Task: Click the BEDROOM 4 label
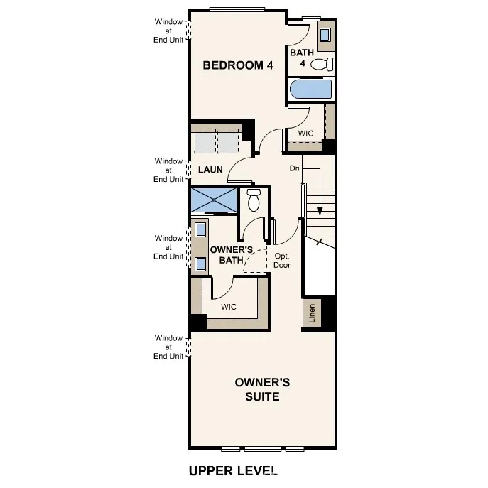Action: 238,65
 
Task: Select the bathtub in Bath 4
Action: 311,90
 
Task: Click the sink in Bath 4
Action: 326,35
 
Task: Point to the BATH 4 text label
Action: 301,58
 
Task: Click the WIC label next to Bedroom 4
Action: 305,133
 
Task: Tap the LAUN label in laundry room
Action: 210,170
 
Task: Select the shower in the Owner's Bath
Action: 215,200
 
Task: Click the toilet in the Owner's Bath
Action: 254,201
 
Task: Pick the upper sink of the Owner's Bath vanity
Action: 200,229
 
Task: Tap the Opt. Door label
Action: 282,261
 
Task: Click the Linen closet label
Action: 312,313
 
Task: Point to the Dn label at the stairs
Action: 295,168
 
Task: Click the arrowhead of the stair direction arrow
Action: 320,210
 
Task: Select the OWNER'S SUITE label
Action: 262,389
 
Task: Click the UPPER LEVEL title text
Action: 233,470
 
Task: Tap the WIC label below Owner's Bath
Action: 228,307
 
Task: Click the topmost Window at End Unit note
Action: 169,31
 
